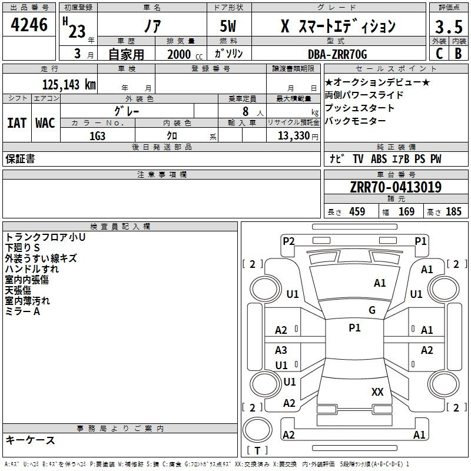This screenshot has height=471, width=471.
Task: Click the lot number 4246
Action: [29, 25]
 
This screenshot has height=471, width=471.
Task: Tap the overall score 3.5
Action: [449, 26]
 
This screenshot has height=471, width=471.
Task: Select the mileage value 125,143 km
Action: [69, 85]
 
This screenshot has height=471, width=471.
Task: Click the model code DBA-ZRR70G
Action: [337, 54]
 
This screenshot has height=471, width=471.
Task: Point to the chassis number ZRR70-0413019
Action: [396, 187]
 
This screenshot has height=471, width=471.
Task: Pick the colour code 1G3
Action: [97, 136]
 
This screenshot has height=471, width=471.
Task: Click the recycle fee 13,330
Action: [294, 136]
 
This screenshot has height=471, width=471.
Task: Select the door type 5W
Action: [228, 26]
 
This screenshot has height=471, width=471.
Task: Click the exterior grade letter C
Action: [439, 54]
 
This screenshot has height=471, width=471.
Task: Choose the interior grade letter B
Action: [458, 54]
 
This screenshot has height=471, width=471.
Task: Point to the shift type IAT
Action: [16, 123]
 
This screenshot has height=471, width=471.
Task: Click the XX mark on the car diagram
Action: [377, 392]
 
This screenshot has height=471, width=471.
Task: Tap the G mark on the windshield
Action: [372, 310]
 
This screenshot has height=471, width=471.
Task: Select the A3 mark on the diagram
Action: [281, 350]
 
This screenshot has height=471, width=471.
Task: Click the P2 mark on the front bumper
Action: [288, 241]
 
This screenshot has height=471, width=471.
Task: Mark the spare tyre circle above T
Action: [257, 430]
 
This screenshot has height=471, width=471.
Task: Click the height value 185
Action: [453, 212]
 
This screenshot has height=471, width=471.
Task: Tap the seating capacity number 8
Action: [246, 112]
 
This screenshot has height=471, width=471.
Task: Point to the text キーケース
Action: [30, 440]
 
